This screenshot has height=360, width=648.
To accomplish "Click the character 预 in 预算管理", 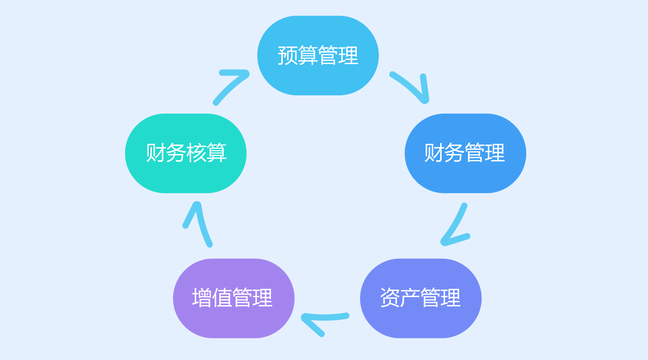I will click(x=288, y=55).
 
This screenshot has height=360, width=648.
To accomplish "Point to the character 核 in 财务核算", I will click(x=196, y=153).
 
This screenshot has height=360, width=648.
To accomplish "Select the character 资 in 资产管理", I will click(x=390, y=298).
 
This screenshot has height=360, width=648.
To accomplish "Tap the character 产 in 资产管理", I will click(x=410, y=298).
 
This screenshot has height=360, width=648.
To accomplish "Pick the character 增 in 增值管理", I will click(x=202, y=298).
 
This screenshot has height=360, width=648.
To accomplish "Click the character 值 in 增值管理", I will click(x=222, y=298).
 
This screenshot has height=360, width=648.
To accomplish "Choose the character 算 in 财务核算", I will click(x=217, y=153).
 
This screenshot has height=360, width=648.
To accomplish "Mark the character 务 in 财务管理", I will click(x=454, y=153).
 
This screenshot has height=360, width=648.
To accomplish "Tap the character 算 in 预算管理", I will click(x=308, y=55).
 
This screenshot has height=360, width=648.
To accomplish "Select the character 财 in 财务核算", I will click(x=155, y=153).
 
